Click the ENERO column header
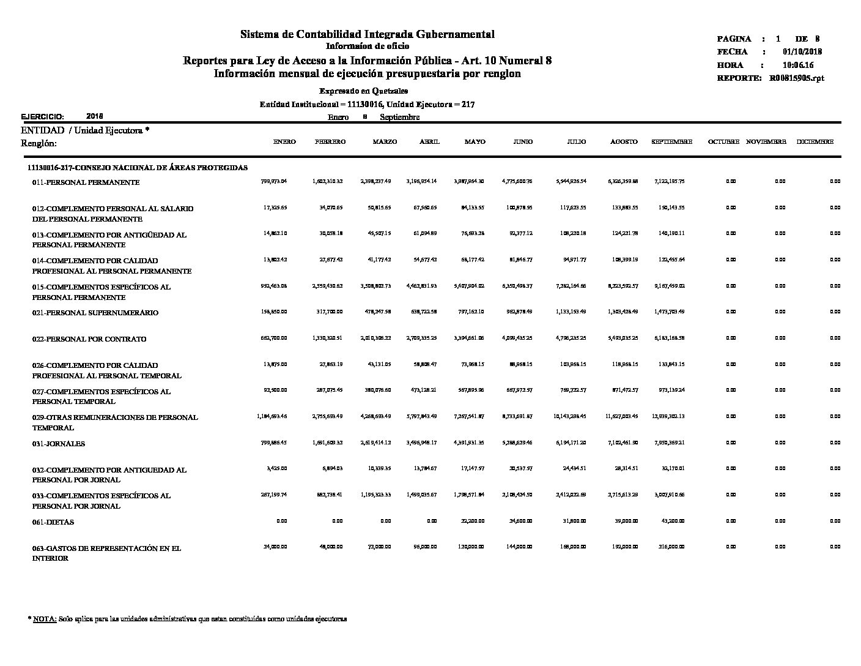pyautogui.click(x=284, y=142)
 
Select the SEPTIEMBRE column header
pyautogui.click(x=671, y=142)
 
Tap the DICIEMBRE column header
pyautogui.click(x=815, y=142)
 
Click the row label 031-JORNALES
pyautogui.click(x=59, y=444)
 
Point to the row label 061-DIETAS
pyautogui.click(x=53, y=522)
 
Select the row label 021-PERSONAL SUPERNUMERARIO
pyautogui.click(x=95, y=313)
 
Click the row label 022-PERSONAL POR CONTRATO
pyautogui.click(x=89, y=339)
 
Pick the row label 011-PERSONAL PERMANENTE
pyautogui.click(x=86, y=182)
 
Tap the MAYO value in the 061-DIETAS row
pyautogui.click(x=472, y=521)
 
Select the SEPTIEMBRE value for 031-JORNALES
pyautogui.click(x=669, y=443)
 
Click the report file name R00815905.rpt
pyautogui.click(x=797, y=78)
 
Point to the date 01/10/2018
pyautogui.click(x=802, y=52)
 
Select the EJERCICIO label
pyautogui.click(x=42, y=116)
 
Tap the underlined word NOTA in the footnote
pyautogui.click(x=45, y=619)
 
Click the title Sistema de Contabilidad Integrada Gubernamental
pyautogui.click(x=367, y=34)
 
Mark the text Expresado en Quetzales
pyautogui.click(x=368, y=91)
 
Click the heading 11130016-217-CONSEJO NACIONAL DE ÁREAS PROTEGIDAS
pyautogui.click(x=138, y=168)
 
